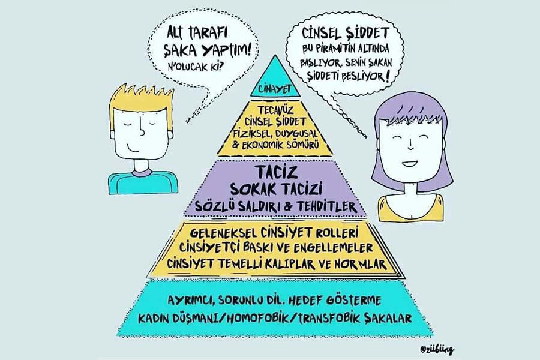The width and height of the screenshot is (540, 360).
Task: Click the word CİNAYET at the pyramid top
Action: point(274,89)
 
